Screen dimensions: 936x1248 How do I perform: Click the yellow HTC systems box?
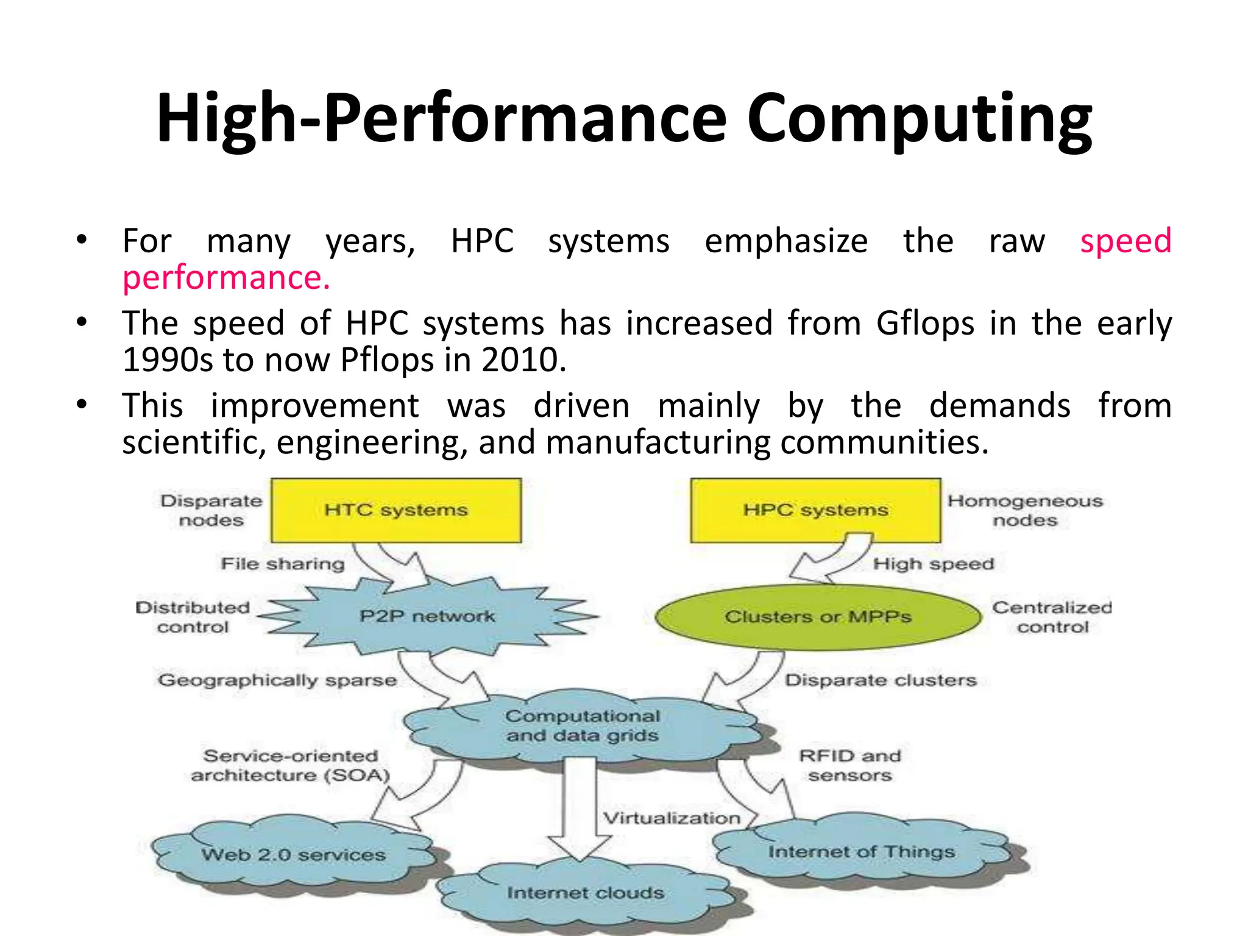click(396, 510)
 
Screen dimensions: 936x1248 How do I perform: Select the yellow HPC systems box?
click(815, 510)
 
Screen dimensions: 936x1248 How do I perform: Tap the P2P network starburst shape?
click(427, 617)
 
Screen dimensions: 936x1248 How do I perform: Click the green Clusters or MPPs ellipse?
click(818, 617)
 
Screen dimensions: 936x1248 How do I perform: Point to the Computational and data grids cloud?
click(582, 726)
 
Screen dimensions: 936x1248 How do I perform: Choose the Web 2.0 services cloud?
click(293, 855)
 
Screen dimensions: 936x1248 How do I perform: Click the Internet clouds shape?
click(585, 893)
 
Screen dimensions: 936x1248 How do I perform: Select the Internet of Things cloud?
click(861, 852)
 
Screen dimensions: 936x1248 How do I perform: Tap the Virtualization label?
click(672, 818)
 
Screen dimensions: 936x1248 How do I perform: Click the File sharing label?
click(283, 564)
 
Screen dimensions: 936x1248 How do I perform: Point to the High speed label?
click(933, 564)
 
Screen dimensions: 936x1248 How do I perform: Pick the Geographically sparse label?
click(277, 680)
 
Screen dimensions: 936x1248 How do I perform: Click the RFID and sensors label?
click(849, 765)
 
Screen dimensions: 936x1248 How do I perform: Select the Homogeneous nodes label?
click(1025, 511)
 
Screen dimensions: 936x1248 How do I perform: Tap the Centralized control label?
click(1052, 617)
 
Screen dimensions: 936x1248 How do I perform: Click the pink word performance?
click(225, 278)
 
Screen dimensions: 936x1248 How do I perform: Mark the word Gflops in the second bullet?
click(925, 324)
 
